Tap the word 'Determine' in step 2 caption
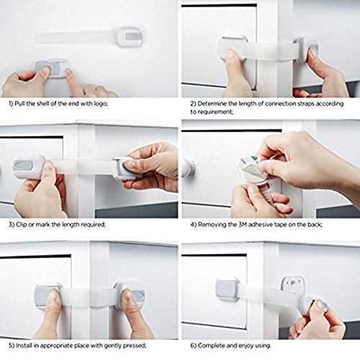click(x=212, y=104)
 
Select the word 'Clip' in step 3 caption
click(x=22, y=225)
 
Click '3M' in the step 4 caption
click(x=243, y=225)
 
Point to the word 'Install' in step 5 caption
click(x=24, y=346)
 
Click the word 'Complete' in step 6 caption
click(x=212, y=346)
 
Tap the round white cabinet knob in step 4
click(x=189, y=166)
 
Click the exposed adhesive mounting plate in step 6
click(x=293, y=285)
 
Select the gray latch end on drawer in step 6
click(x=228, y=290)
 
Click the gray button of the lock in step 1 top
click(x=133, y=37)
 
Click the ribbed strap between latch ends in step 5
click(x=89, y=297)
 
